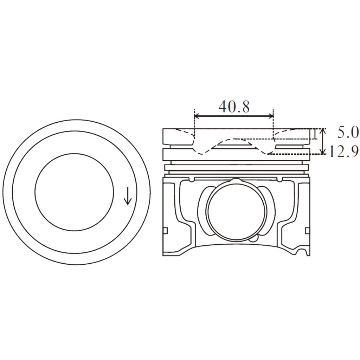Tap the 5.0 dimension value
tap(348, 133)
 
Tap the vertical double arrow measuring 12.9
tap(323, 141)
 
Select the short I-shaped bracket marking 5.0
tap(315, 134)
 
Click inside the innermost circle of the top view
tap(75, 192)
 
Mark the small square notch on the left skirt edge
tap(166, 231)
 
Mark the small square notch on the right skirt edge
tap(307, 231)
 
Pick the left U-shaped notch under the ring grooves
tap(191, 180)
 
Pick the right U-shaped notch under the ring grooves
tap(279, 180)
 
